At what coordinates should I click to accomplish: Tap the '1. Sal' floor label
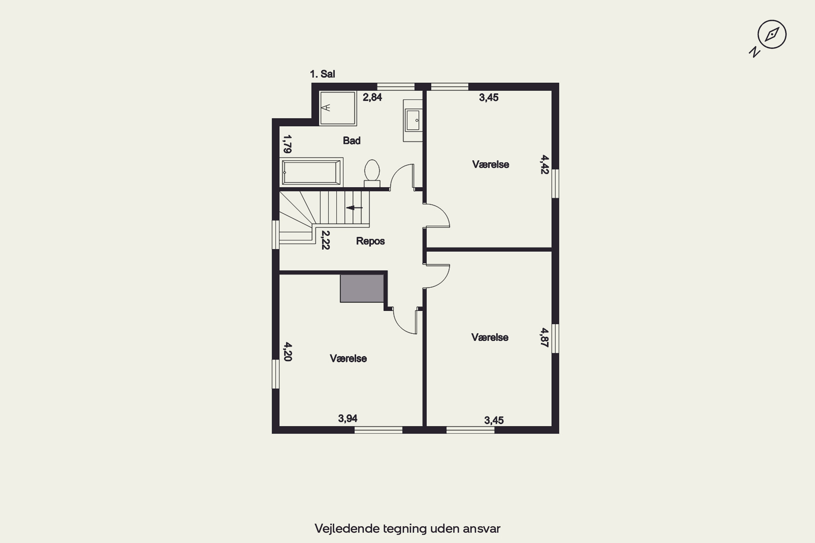pos(322,74)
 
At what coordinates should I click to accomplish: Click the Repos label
pos(370,241)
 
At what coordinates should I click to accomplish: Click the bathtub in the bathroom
pos(311,172)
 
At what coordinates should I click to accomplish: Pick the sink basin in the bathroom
pos(413,120)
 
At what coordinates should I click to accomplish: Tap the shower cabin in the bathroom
pos(338,108)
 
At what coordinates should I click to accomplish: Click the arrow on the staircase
pos(354,208)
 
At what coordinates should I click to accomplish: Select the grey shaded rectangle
pos(362,288)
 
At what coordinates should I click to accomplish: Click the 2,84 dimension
pos(372,97)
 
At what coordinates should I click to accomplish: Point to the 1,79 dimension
pos(287,144)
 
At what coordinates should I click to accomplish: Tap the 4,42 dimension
pos(545,165)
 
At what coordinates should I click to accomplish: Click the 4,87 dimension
pos(544,337)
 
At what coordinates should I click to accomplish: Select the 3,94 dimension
pos(347,418)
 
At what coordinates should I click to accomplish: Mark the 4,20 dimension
pos(288,352)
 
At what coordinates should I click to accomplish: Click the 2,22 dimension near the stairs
pos(325,240)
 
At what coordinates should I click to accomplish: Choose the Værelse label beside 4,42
pos(491,165)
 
